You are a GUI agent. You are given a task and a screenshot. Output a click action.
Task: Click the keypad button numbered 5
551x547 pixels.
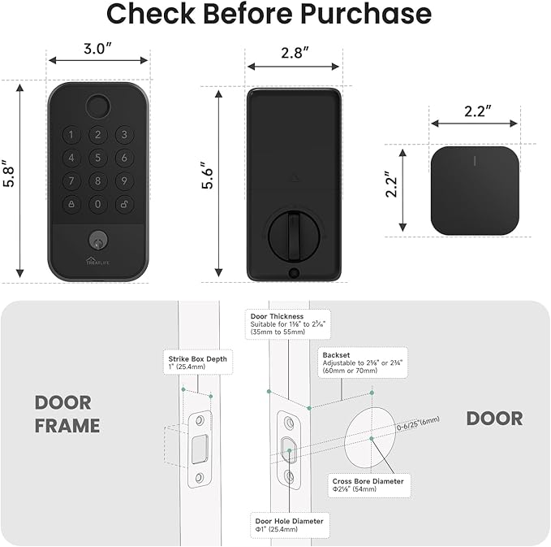click(x=98, y=158)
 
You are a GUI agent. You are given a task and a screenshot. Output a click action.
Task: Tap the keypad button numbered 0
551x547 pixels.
click(x=98, y=204)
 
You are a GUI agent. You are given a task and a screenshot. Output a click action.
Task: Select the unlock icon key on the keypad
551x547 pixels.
click(x=124, y=204)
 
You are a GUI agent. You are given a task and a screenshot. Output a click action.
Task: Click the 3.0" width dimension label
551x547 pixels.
click(x=97, y=50)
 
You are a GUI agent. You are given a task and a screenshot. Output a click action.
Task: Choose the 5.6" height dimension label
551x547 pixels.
click(x=209, y=177)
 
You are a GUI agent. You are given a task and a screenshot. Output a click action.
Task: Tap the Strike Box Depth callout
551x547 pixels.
click(x=197, y=362)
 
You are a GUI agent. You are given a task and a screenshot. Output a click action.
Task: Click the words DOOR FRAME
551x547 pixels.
click(x=67, y=414)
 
